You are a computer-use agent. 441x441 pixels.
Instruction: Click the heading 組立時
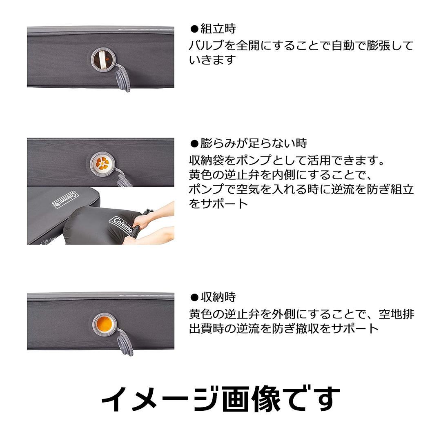[x=218, y=29]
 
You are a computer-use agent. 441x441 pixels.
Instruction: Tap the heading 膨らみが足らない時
[x=253, y=143]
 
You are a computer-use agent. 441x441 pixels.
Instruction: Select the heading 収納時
[x=218, y=297]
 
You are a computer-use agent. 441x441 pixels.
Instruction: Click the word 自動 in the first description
[x=345, y=45]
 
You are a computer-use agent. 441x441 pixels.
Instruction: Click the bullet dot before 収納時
[x=195, y=297]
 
